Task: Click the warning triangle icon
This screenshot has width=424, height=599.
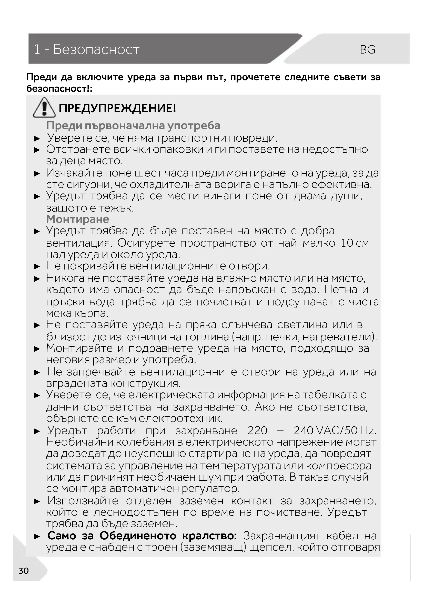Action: (44, 108)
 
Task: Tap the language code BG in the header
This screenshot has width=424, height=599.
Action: (368, 50)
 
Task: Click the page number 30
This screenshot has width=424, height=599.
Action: (24, 571)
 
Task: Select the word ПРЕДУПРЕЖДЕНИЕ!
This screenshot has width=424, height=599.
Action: (117, 108)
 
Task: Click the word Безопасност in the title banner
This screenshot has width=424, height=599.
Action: (96, 49)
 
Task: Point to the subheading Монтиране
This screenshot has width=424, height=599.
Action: (77, 219)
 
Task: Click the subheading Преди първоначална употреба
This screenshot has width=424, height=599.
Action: (133, 125)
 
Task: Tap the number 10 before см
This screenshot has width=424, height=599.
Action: (347, 243)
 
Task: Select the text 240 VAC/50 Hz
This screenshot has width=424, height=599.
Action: (335, 430)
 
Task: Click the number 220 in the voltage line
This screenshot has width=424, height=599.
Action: (257, 430)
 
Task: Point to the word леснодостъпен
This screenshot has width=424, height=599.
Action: (136, 512)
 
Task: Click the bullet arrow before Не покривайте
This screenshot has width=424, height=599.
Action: (37, 266)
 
